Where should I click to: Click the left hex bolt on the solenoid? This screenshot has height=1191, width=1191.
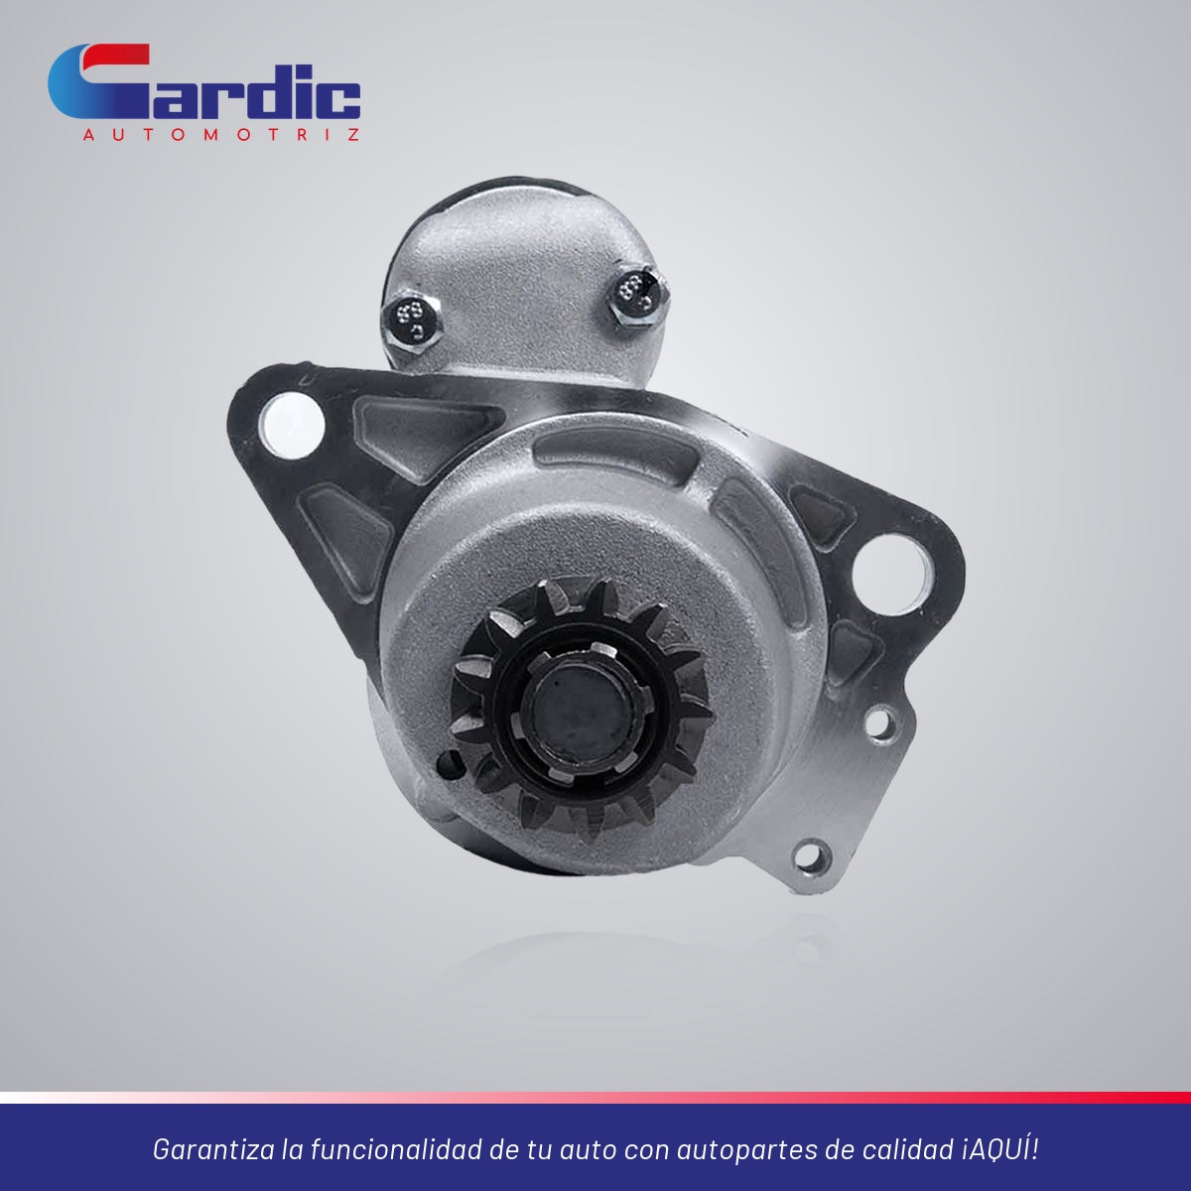point(412,322)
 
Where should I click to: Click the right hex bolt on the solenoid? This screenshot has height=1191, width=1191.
point(638,297)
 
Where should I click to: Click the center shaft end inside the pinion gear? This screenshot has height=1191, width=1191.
point(578,710)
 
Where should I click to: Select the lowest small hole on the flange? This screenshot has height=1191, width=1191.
point(812,858)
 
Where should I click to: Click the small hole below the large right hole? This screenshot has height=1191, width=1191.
point(880,725)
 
